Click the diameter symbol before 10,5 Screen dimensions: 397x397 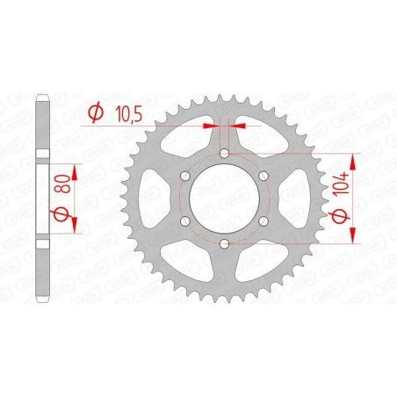coord(97,113)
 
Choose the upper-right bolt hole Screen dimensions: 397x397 coord(263,176)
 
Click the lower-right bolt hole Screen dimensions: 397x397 coord(263,220)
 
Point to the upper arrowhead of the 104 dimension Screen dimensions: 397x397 coord(353,159)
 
